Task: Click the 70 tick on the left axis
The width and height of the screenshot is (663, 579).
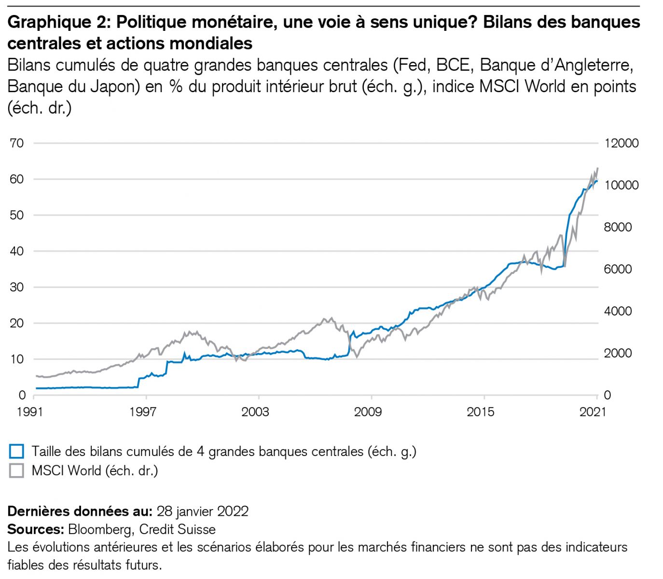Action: [x=17, y=143]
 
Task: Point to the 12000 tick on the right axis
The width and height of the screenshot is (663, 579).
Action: [x=622, y=143]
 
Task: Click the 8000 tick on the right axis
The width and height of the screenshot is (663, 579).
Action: [x=618, y=227]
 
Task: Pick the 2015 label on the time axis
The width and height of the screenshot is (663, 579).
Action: [x=481, y=412]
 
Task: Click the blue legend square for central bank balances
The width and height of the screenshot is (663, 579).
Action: [x=16, y=452]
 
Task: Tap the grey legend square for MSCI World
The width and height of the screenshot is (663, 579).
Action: [x=16, y=470]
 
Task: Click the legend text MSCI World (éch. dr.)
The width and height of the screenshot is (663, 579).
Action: [x=95, y=470]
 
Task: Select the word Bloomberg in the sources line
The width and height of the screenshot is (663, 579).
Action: [x=100, y=529]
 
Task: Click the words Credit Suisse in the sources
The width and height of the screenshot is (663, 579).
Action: [x=177, y=529]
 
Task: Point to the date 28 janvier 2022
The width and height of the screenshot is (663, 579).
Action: [x=203, y=511]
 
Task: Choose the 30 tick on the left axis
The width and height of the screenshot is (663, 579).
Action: [x=17, y=287]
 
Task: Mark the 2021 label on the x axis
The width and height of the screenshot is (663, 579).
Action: [x=593, y=412]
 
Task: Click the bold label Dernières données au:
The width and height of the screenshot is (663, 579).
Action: [x=80, y=511]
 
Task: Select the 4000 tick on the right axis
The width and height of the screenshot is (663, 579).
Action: [x=618, y=311]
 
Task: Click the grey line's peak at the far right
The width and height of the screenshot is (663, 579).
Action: [x=598, y=168]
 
